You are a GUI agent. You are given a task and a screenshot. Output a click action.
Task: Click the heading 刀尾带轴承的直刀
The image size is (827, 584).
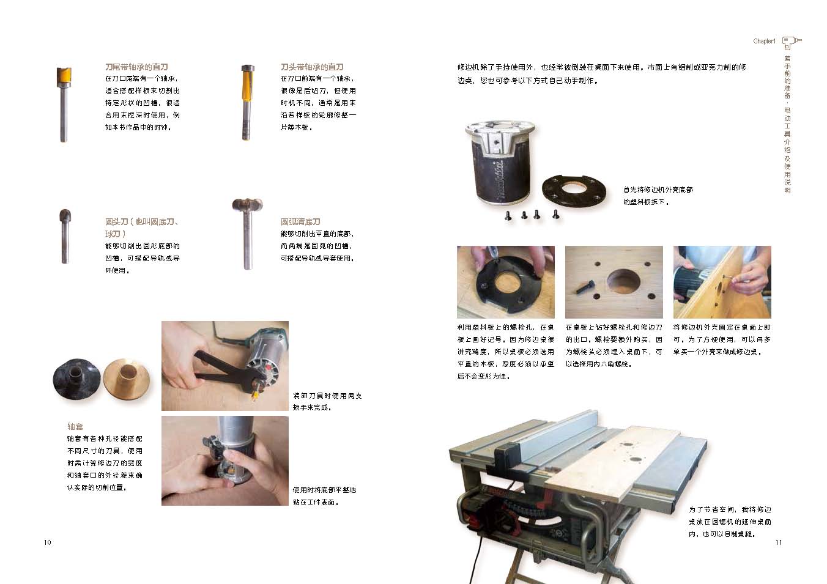tap(136, 67)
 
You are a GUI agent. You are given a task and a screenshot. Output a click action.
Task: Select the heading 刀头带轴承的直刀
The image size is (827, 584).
tap(312, 67)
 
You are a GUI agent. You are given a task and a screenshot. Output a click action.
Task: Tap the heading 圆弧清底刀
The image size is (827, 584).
tap(300, 221)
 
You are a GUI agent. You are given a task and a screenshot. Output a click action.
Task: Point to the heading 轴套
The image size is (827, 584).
tap(75, 426)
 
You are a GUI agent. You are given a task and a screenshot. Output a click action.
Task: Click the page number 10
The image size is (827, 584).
tap(47, 542)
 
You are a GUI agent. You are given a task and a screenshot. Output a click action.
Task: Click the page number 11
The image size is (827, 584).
tap(779, 542)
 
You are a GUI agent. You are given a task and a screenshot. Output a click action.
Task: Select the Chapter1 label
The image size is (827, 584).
tap(764, 41)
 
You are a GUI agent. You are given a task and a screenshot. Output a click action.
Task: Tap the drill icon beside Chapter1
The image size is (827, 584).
tap(792, 42)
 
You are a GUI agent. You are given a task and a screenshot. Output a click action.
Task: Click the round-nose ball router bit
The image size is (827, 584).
tap(65, 236)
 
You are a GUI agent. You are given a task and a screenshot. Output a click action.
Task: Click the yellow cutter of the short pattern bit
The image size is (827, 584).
tap(64, 76)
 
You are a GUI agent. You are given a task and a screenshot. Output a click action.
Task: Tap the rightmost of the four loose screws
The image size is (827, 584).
tap(555, 214)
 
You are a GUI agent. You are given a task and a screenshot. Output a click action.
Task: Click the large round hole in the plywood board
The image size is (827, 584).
tap(623, 281)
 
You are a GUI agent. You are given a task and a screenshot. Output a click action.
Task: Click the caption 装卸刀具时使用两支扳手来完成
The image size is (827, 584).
tap(327, 402)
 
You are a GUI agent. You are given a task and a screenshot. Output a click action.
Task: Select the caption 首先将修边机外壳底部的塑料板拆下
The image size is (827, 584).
tap(658, 196)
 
